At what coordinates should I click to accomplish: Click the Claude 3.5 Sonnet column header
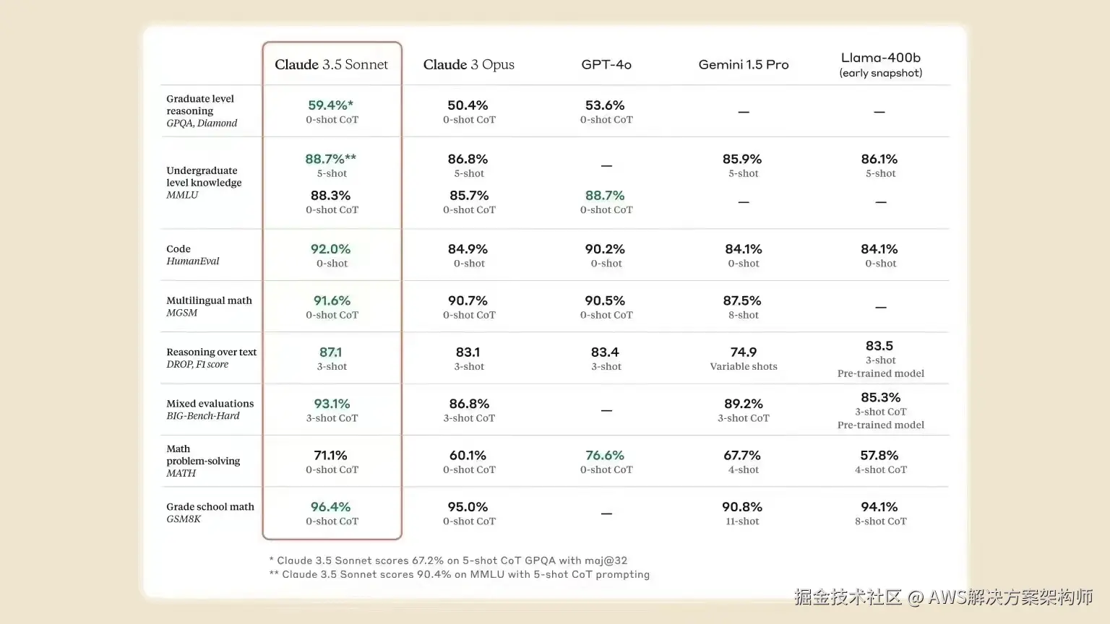point(331,64)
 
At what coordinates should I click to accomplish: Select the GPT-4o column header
point(606,64)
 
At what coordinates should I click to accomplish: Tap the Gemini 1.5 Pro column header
point(744,64)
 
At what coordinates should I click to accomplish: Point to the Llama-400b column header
point(880,58)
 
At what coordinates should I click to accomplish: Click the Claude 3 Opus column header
point(468,64)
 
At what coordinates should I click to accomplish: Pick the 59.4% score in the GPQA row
point(330,105)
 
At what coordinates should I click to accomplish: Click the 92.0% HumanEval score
point(330,249)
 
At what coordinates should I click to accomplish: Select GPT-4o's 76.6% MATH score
point(605,456)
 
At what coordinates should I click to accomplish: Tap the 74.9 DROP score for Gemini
point(743,352)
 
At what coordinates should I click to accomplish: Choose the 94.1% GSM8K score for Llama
point(879,507)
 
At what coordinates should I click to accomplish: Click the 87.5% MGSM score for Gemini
point(742,300)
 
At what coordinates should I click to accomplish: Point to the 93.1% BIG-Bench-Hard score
point(332,404)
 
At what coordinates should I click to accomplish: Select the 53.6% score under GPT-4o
point(605,105)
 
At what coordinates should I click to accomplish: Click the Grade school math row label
point(210,507)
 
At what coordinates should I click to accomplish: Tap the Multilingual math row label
point(209,300)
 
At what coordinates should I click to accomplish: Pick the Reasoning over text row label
point(211,352)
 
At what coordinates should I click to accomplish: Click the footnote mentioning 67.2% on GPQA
point(448,560)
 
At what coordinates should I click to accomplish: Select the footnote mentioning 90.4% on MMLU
point(459,575)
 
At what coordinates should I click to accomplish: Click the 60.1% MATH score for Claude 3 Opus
point(468,456)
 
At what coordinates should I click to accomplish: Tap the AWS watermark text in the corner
point(943,597)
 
